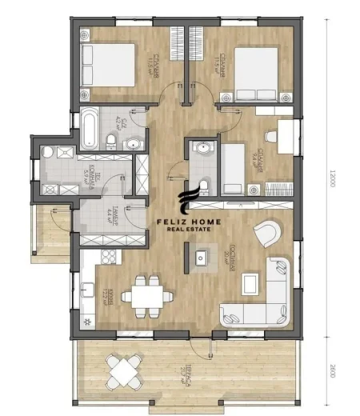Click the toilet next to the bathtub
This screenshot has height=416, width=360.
click(x=111, y=142)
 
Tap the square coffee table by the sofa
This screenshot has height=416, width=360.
click(x=250, y=282)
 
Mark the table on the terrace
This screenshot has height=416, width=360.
click(x=125, y=370)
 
